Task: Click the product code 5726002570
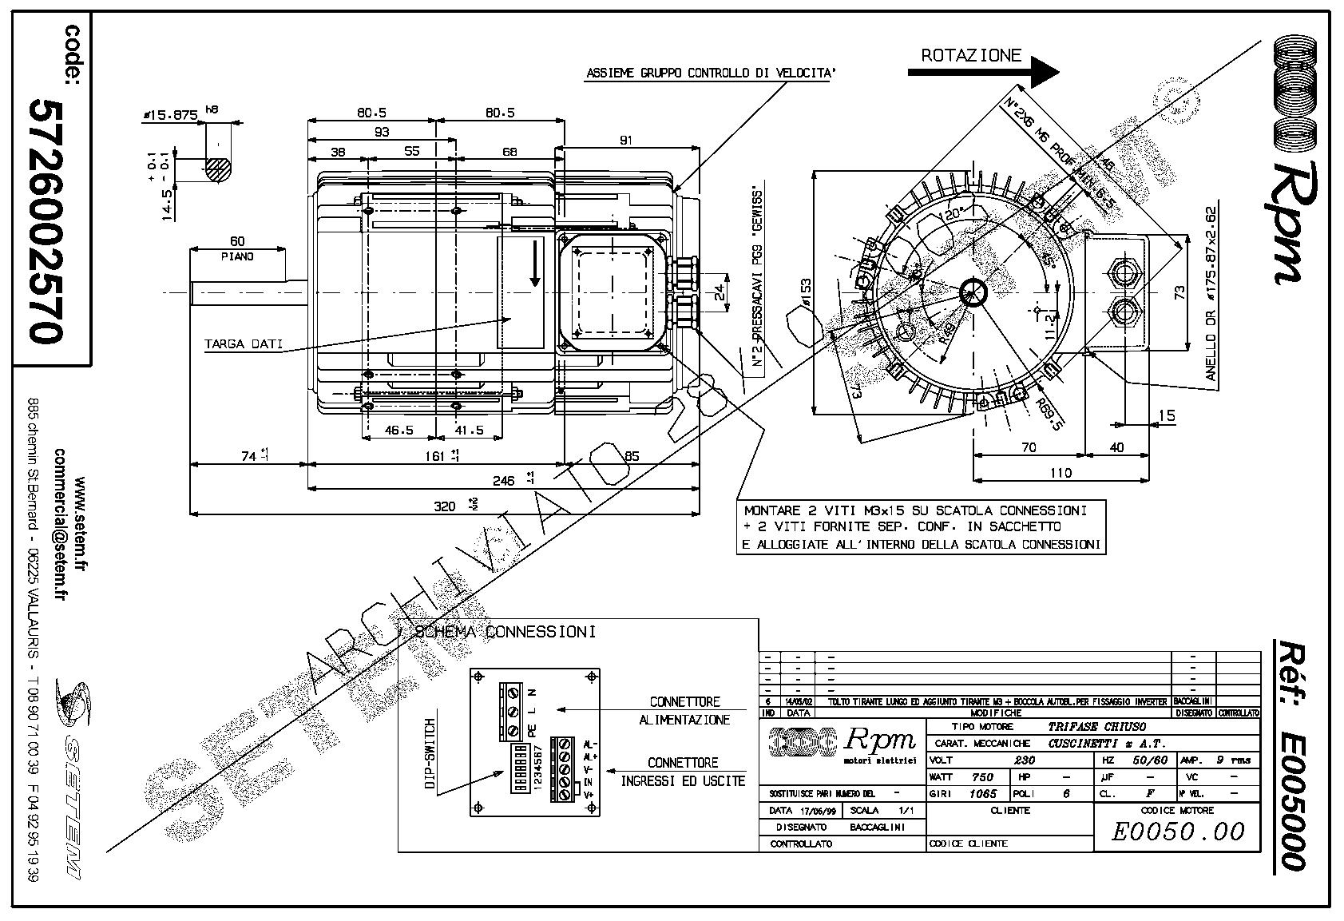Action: [x=46, y=221]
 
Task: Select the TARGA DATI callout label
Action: [x=243, y=344]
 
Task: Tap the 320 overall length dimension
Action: [x=444, y=505]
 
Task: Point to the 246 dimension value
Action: [x=503, y=480]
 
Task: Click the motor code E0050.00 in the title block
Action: [x=1178, y=832]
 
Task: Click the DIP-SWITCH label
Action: [x=429, y=754]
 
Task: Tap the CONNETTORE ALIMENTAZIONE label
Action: [x=684, y=710]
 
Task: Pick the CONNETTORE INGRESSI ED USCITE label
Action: [x=683, y=772]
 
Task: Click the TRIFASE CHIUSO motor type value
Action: [x=1096, y=727]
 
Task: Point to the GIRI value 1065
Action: [x=982, y=794]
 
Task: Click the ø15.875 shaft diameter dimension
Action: [x=170, y=115]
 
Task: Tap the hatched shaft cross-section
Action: [x=218, y=169]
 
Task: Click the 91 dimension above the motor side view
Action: [x=625, y=140]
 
